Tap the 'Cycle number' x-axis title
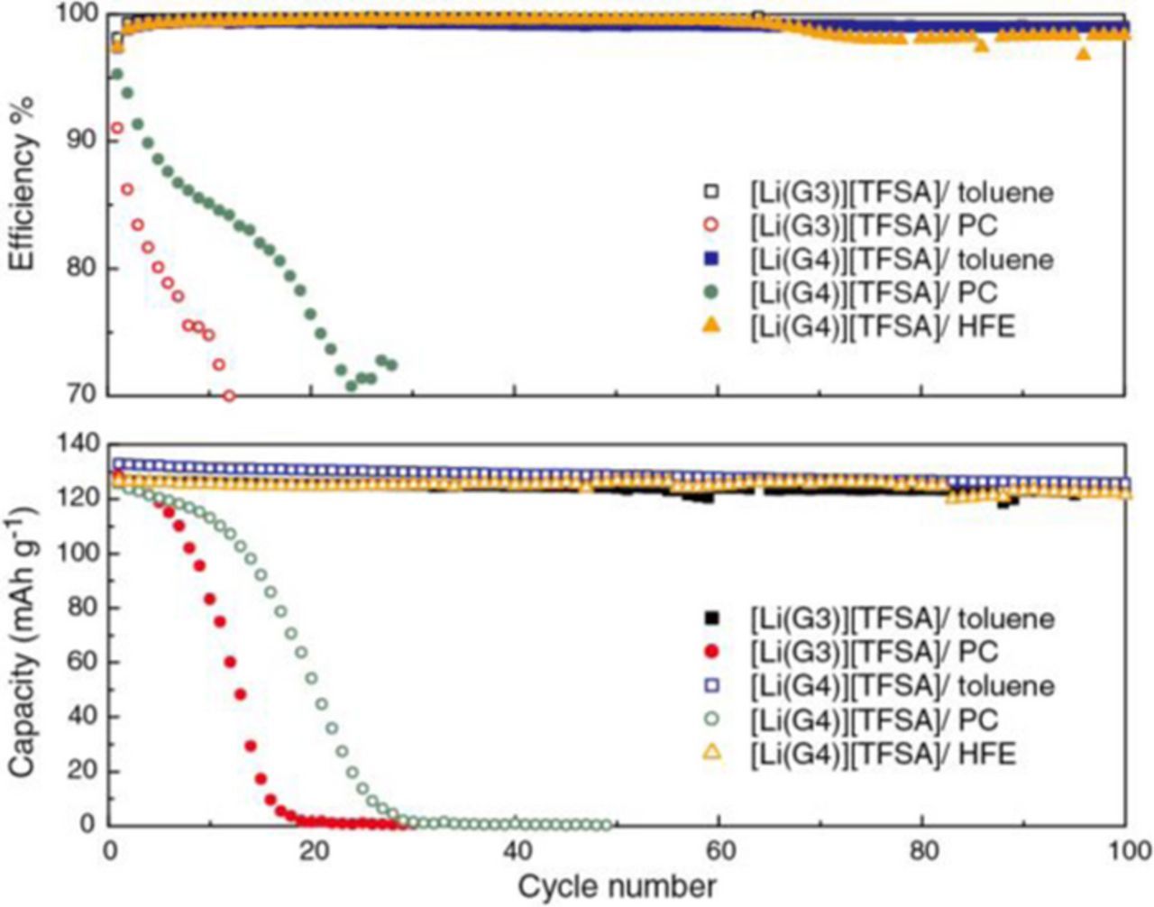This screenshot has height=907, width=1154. (x=618, y=884)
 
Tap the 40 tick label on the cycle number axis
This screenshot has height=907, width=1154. (x=515, y=850)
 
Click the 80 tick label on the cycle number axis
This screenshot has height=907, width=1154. (x=922, y=850)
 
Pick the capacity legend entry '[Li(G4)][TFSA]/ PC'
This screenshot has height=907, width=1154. (x=874, y=719)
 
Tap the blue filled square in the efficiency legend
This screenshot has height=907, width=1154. (x=712, y=259)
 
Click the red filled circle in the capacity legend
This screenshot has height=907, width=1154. (x=712, y=651)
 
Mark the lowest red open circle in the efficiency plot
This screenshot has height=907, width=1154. (x=229, y=396)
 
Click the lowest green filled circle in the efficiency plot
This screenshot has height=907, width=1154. (x=351, y=385)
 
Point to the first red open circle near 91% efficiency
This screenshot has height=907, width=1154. (x=116, y=128)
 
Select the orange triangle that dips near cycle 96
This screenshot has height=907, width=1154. (x=1084, y=53)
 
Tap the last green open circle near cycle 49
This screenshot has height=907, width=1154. (x=606, y=824)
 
